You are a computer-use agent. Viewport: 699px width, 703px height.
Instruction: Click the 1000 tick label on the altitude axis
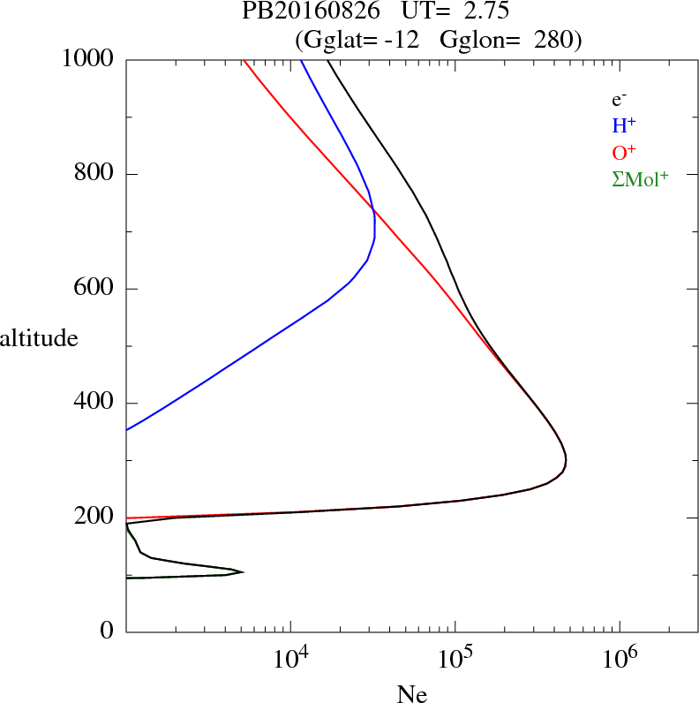click(89, 59)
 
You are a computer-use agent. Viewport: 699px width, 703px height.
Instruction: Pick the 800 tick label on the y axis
click(95, 174)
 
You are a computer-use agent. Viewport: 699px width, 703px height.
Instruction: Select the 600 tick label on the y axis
click(95, 289)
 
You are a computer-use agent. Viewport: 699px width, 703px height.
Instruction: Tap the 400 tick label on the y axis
click(95, 404)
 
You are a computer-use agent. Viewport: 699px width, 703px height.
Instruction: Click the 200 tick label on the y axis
click(95, 518)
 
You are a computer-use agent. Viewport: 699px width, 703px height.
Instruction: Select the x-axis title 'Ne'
click(411, 695)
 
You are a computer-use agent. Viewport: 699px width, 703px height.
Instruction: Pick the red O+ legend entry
click(626, 152)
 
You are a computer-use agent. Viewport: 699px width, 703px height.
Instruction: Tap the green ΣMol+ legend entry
click(640, 178)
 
